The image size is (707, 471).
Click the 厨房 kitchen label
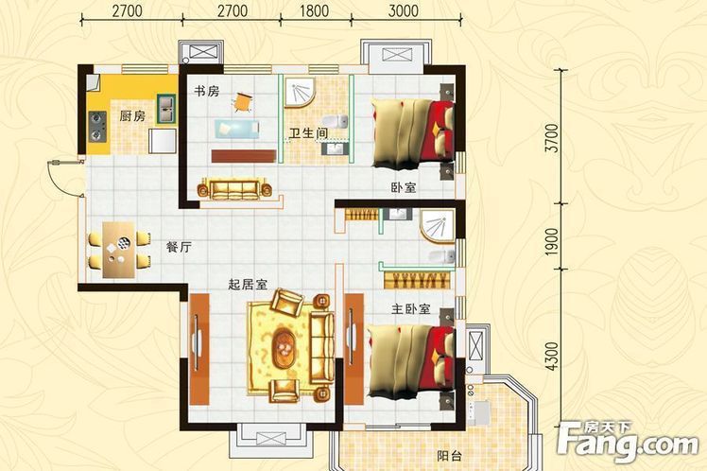132,116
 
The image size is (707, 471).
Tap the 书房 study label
206,91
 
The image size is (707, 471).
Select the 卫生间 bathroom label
308,133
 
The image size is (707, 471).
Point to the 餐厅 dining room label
179,247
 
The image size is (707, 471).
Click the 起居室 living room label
248,285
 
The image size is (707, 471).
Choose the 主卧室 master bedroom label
411,309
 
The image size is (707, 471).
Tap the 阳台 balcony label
450,456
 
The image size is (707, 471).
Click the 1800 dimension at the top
314,10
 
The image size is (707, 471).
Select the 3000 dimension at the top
403,10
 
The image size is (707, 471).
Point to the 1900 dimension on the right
551,242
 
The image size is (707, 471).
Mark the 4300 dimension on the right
551,357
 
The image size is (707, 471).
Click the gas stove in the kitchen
97,127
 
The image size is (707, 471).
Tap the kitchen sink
166,108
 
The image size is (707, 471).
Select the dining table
118,250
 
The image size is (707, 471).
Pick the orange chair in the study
242,102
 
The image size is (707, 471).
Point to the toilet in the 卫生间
335,121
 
